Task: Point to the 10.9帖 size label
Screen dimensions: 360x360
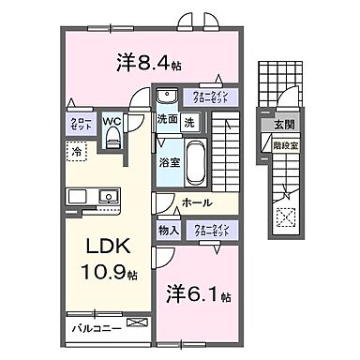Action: [x=106, y=276]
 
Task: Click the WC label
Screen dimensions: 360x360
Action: [x=112, y=121]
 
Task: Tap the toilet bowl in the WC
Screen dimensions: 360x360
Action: [x=112, y=140]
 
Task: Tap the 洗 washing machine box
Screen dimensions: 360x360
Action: [x=188, y=120]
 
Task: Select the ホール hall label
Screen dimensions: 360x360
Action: [x=195, y=202]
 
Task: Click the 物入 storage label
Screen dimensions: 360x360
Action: [x=169, y=229]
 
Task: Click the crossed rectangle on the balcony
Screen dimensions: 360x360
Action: [x=137, y=323]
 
